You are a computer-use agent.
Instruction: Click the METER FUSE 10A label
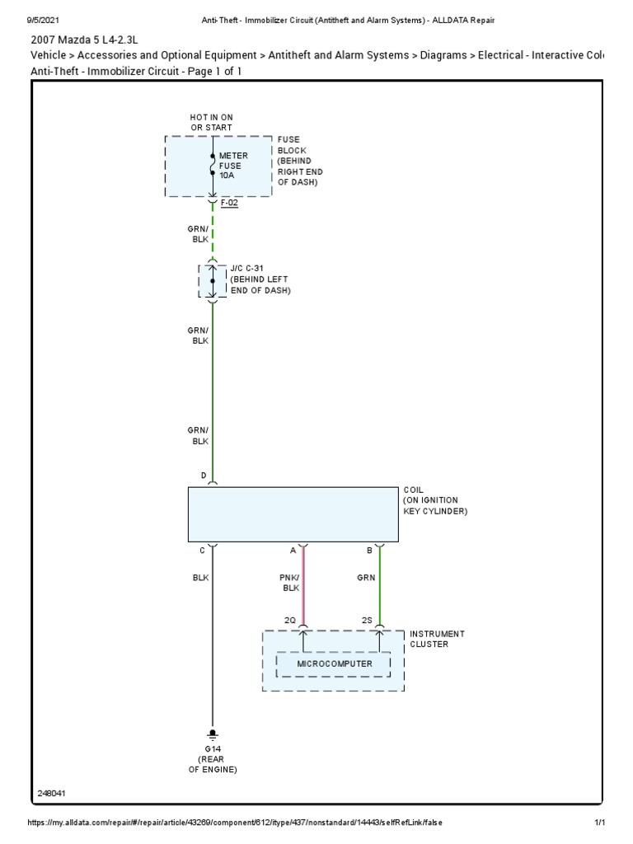click(x=233, y=166)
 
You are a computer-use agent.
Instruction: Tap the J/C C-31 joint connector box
click(x=212, y=281)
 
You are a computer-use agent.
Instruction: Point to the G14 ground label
click(x=213, y=748)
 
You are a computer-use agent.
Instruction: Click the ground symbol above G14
click(x=213, y=733)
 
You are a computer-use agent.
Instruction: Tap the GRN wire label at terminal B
click(x=366, y=578)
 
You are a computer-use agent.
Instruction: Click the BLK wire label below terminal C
click(x=200, y=578)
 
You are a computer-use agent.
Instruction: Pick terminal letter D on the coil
click(x=203, y=476)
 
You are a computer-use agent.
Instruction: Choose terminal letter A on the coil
click(x=293, y=551)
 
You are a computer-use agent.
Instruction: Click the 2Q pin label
click(x=290, y=619)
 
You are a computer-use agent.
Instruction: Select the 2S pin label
click(x=367, y=619)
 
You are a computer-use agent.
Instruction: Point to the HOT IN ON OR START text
click(x=212, y=123)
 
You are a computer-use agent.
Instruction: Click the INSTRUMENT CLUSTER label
click(x=437, y=639)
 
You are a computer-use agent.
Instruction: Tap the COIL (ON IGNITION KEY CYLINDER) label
click(x=435, y=500)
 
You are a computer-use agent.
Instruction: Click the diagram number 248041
click(x=52, y=794)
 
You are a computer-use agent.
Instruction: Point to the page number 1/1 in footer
click(x=600, y=823)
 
